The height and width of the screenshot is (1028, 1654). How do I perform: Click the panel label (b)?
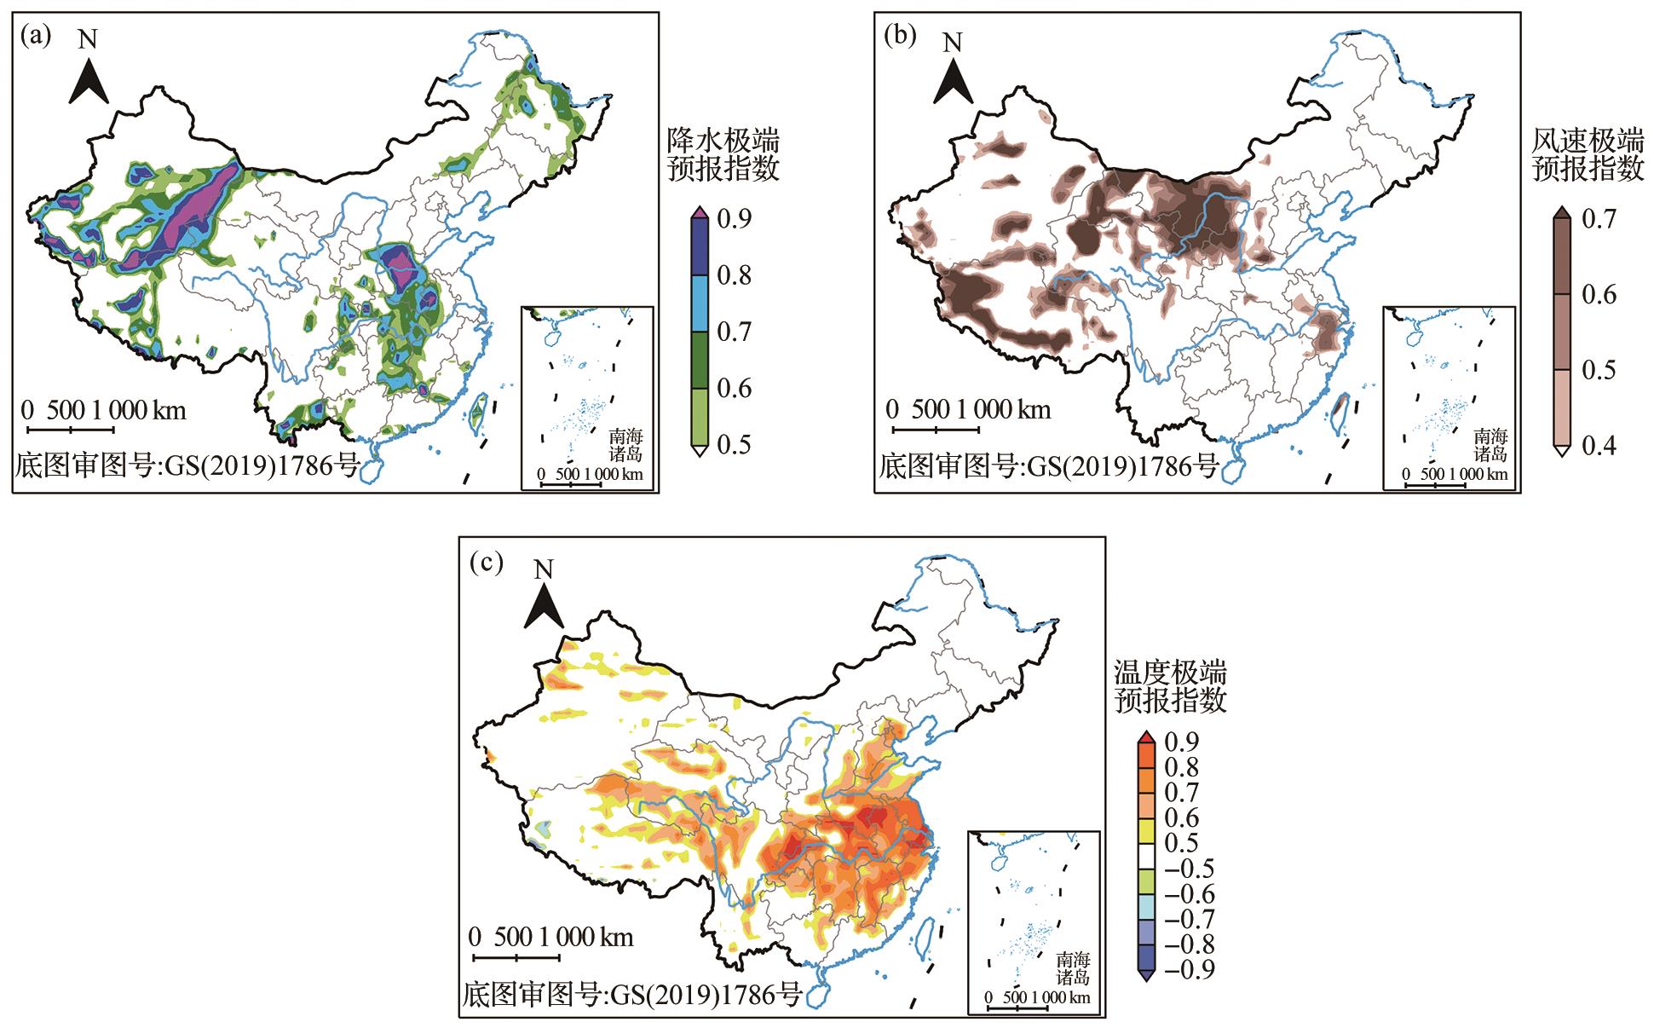click(x=902, y=36)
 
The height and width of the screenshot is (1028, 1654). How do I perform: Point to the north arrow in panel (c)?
click(x=544, y=600)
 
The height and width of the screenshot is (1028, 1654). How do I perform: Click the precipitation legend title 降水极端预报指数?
click(x=723, y=154)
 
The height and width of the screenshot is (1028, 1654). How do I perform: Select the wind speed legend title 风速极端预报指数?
click(x=1588, y=154)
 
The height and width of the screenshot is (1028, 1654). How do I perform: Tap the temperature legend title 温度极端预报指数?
click(x=1170, y=686)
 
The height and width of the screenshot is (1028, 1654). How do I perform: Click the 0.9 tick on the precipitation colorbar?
click(x=733, y=219)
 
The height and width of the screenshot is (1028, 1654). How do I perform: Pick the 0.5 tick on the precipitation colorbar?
click(x=733, y=445)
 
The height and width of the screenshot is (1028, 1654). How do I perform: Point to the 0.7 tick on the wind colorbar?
click(x=1599, y=219)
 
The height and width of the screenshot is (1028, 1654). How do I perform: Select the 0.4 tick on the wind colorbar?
click(x=1599, y=445)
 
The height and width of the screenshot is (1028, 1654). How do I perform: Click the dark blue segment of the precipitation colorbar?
click(x=698, y=247)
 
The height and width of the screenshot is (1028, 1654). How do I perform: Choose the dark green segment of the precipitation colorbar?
click(x=698, y=360)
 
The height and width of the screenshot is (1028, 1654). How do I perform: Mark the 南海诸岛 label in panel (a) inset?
click(x=626, y=446)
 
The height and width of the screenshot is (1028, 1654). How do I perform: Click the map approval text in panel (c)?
click(x=632, y=994)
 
